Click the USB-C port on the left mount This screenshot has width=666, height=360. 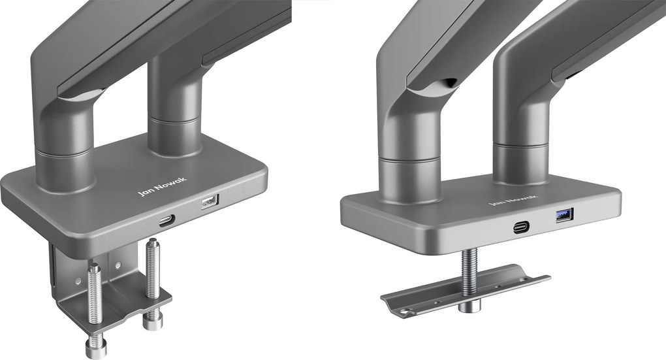tap(167, 221)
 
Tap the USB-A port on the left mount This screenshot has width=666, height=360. tap(210, 201)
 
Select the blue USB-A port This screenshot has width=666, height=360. tap(565, 215)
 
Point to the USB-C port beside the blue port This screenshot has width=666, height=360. tap(521, 227)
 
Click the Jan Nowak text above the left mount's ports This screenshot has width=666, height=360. tap(162, 186)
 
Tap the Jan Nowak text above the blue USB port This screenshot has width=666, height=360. tap(513, 200)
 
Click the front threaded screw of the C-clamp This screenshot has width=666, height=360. tap(95, 293)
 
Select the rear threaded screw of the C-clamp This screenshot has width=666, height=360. tap(153, 268)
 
